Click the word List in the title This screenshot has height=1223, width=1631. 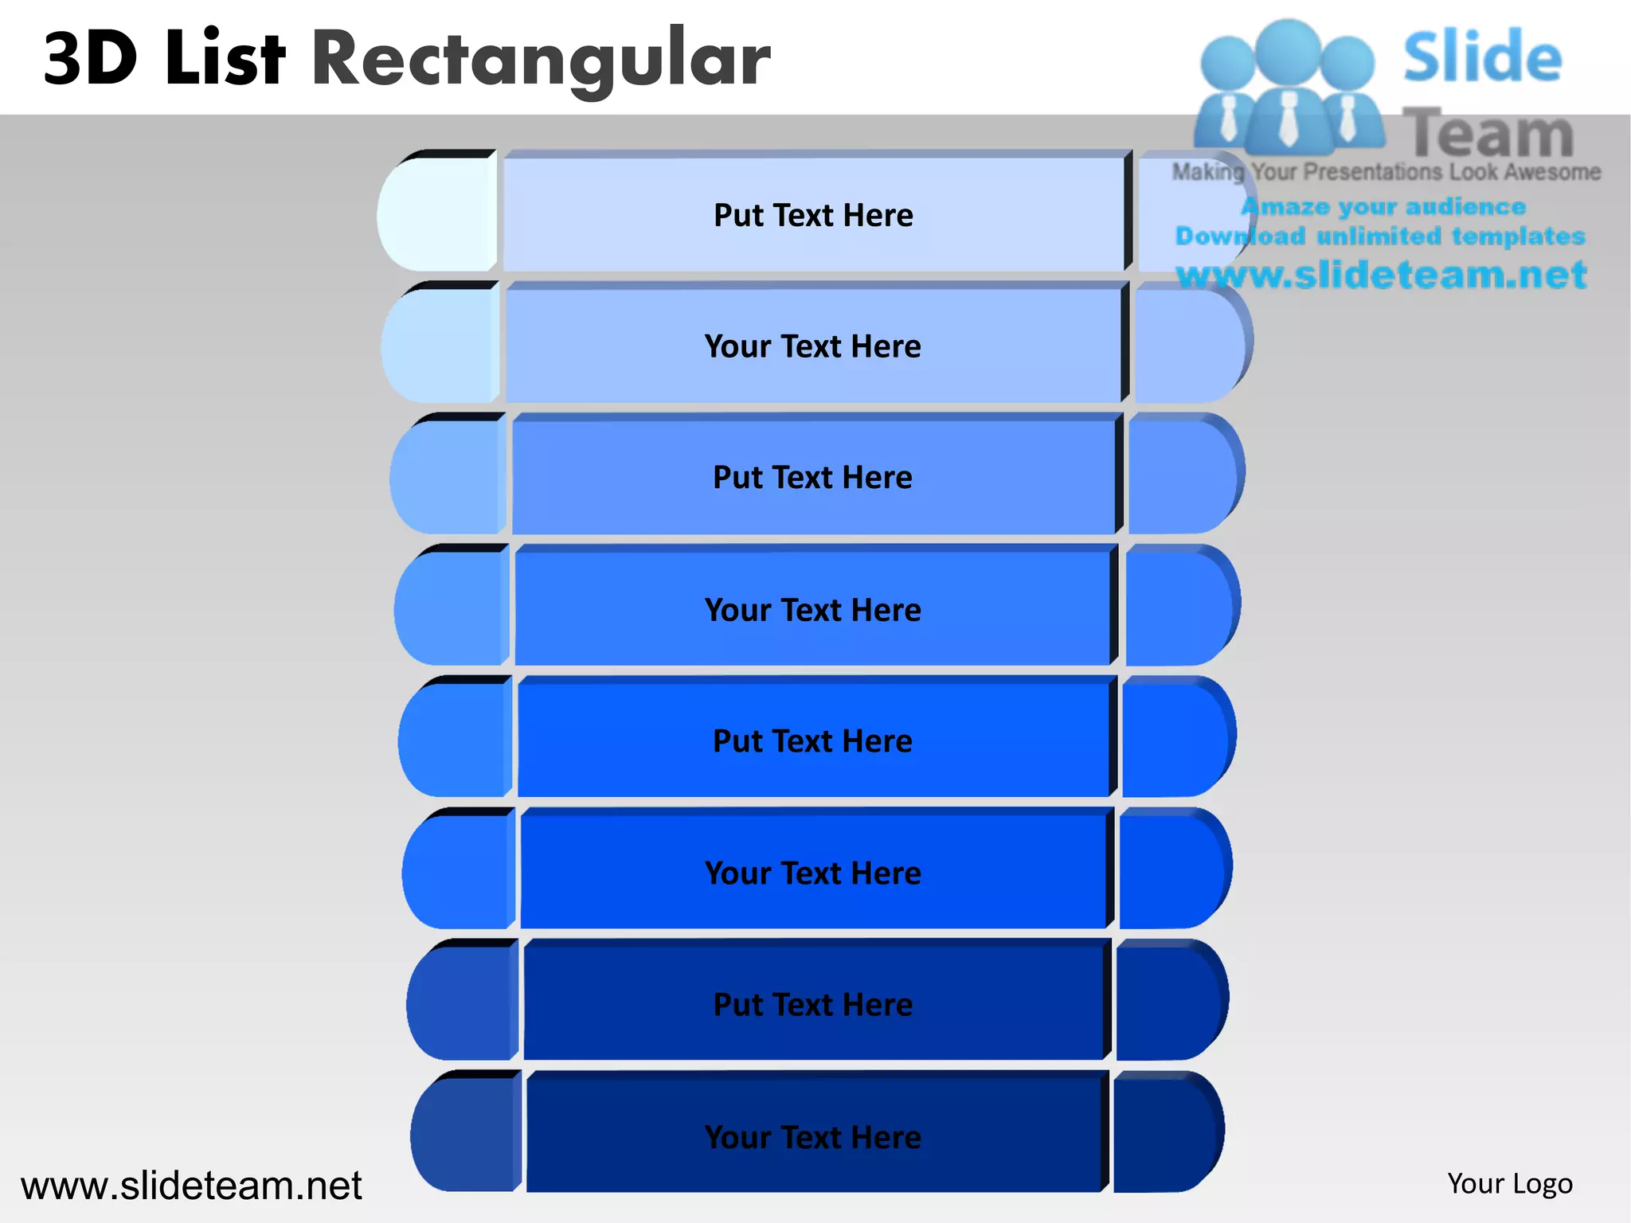(x=225, y=57)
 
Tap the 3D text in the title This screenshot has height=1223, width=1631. (x=90, y=59)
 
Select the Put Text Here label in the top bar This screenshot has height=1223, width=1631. (x=813, y=215)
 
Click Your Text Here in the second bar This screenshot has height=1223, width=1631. (x=812, y=346)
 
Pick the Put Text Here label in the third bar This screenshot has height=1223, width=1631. (x=812, y=477)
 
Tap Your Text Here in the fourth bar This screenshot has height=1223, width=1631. (x=812, y=610)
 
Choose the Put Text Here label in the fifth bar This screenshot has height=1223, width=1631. (x=812, y=740)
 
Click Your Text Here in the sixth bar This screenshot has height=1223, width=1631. (x=812, y=873)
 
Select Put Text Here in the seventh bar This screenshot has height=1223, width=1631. (x=812, y=1004)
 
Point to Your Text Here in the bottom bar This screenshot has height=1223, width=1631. (x=812, y=1136)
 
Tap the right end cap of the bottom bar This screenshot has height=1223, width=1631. (x=1167, y=1133)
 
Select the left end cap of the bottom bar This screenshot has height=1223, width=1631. (x=466, y=1133)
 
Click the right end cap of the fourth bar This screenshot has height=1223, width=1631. (x=1180, y=607)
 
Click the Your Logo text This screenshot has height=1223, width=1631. (x=1510, y=1183)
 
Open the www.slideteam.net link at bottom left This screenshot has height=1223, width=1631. (x=191, y=1186)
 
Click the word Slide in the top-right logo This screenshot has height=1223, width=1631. (x=1482, y=57)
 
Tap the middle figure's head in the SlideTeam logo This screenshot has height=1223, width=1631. (x=1287, y=49)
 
